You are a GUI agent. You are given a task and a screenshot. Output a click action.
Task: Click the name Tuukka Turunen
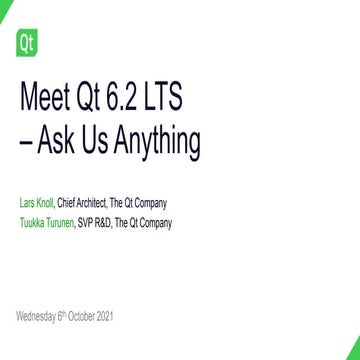tap(47, 222)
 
